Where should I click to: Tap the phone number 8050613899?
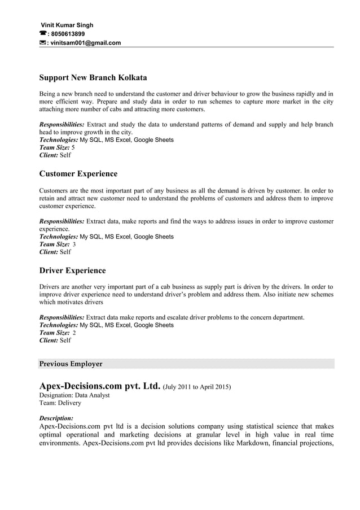[67, 34]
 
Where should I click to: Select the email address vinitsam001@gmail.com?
[86, 42]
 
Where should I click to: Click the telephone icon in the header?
[43, 34]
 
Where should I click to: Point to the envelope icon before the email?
[43, 42]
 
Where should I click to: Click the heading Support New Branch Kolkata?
[93, 77]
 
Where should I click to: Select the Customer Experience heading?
[78, 174]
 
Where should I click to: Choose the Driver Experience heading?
[72, 271]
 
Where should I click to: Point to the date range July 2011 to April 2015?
[196, 387]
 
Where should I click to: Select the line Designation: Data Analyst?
[74, 395]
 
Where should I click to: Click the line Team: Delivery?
[60, 403]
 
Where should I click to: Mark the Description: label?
[56, 419]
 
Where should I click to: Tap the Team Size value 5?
[73, 147]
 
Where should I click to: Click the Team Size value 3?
[74, 244]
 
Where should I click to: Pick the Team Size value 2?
[74, 333]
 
